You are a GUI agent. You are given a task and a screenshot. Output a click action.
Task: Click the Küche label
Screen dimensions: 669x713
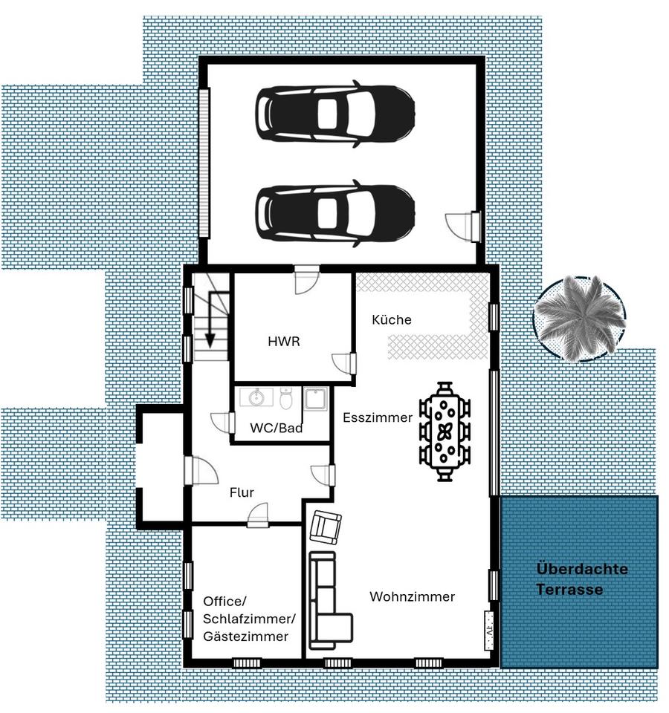pos(392,319)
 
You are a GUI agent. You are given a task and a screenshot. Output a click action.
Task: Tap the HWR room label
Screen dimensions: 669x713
pos(284,342)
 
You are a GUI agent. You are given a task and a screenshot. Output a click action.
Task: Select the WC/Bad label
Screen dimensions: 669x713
pos(277,428)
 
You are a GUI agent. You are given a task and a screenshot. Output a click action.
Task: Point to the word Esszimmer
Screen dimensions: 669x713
pos(378,417)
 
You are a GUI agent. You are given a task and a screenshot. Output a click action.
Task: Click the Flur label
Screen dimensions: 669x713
pos(242,492)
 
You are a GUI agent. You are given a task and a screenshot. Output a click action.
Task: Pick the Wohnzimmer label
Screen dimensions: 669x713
pos(413,596)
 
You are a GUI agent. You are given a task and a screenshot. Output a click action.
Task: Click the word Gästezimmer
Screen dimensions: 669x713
pos(245,637)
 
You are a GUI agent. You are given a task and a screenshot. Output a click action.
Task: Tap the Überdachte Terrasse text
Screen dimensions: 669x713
pos(581,579)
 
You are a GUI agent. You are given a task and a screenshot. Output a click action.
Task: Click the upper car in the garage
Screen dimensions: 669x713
pos(335,114)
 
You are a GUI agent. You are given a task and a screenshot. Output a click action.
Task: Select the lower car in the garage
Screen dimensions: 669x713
pos(335,213)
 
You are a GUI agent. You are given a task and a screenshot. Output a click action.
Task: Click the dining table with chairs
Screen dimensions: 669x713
pos(445,431)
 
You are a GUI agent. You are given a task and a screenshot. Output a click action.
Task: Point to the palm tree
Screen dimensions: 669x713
pos(579,319)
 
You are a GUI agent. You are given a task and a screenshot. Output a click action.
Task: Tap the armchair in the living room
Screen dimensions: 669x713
pos(326,527)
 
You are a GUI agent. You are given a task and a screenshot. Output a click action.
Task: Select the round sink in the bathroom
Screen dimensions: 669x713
pos(256,397)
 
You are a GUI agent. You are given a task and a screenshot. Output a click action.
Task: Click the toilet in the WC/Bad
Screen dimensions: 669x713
pos(285,398)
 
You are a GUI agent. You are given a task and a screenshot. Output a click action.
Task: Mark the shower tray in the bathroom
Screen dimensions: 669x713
pos(315,399)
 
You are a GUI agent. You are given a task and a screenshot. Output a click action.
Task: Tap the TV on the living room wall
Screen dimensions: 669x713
pos(489,631)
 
